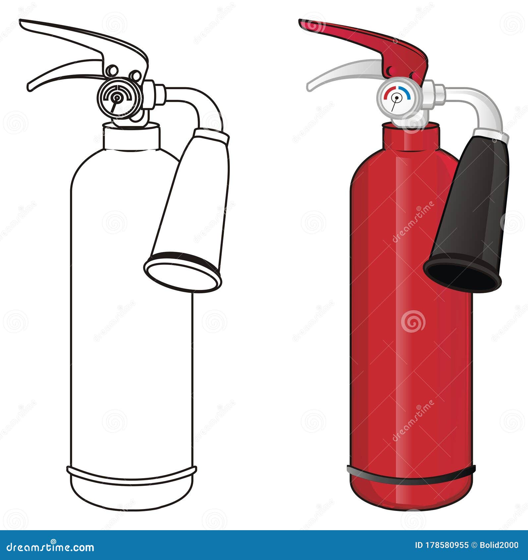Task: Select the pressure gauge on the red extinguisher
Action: coord(396,99)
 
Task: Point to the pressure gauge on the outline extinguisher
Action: coord(116,97)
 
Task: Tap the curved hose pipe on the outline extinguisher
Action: coord(202,103)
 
